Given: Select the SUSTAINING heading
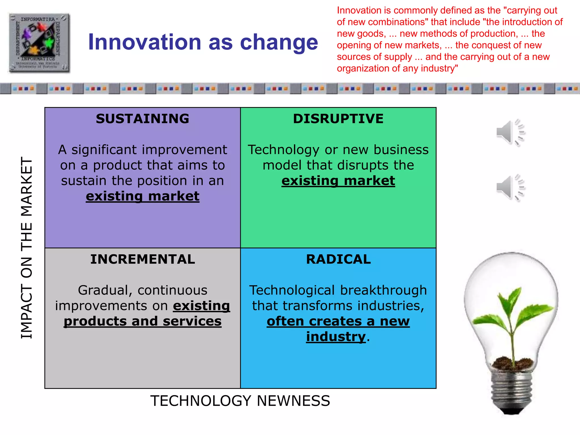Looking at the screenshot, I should pos(142,119).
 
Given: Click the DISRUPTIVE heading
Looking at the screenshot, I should pos(338,119).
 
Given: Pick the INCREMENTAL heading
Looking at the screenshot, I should pos(142,259).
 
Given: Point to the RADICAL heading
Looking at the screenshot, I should pos(338,259).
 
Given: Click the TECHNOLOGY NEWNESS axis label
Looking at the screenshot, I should pos(240,401).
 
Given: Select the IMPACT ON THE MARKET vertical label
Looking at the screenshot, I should pos(27,248).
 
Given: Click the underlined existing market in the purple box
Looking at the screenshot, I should pos(142,196).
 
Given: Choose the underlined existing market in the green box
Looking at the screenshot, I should pos(338,181).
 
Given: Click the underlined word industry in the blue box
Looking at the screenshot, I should pos(336,337).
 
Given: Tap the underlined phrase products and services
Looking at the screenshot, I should pos(142,321).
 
